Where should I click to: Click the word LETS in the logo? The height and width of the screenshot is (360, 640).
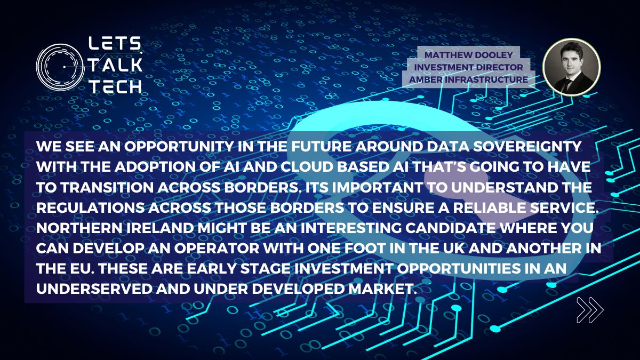114,43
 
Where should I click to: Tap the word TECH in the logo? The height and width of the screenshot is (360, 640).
116,86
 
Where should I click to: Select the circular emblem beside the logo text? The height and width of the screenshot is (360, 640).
60,66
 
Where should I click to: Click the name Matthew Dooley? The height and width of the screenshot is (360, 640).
469,55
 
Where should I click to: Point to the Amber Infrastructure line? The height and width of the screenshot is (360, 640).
469,79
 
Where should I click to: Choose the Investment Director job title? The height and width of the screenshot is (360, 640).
469,67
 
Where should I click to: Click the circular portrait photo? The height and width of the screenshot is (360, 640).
572,67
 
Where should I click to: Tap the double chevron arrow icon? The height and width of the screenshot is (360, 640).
590,310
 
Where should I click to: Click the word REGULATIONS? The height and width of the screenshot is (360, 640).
91,207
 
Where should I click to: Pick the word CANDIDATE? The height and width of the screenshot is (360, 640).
451,228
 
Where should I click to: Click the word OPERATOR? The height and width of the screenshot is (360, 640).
217,249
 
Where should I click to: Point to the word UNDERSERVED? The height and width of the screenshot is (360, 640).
94,289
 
